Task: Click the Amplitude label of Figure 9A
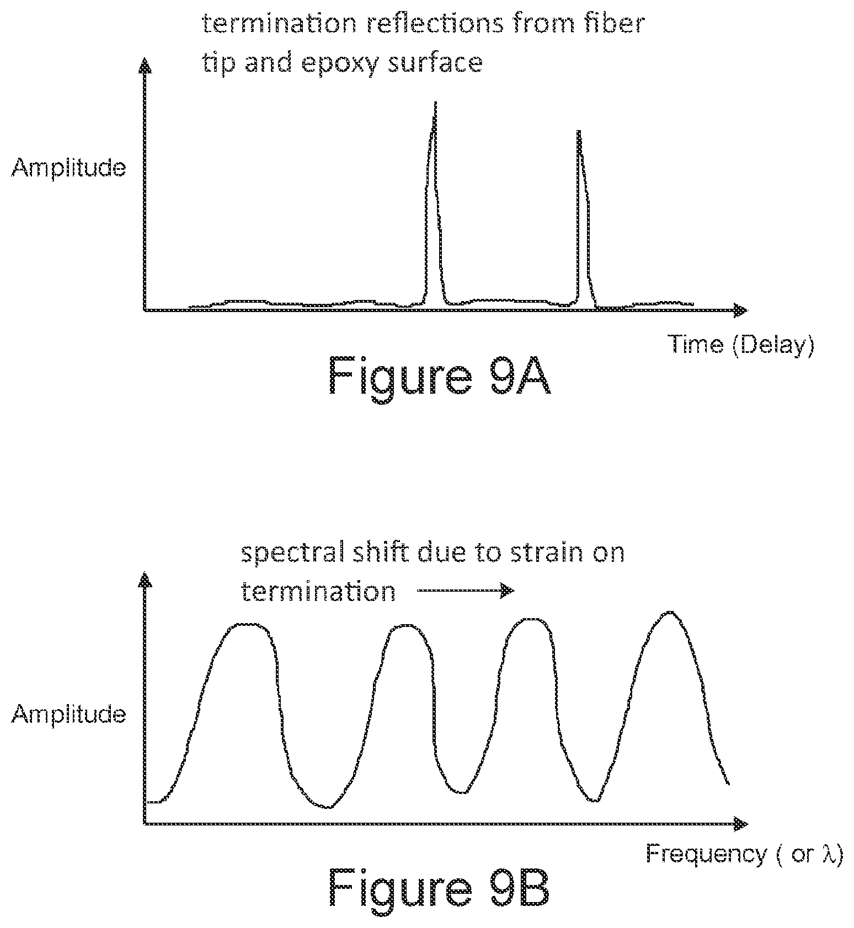[x=68, y=167]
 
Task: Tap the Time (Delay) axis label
[x=741, y=345]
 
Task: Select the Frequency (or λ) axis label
[x=744, y=854]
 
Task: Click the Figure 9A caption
[x=440, y=376]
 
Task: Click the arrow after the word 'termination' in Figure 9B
[x=465, y=591]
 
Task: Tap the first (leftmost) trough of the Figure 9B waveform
[x=328, y=807]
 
